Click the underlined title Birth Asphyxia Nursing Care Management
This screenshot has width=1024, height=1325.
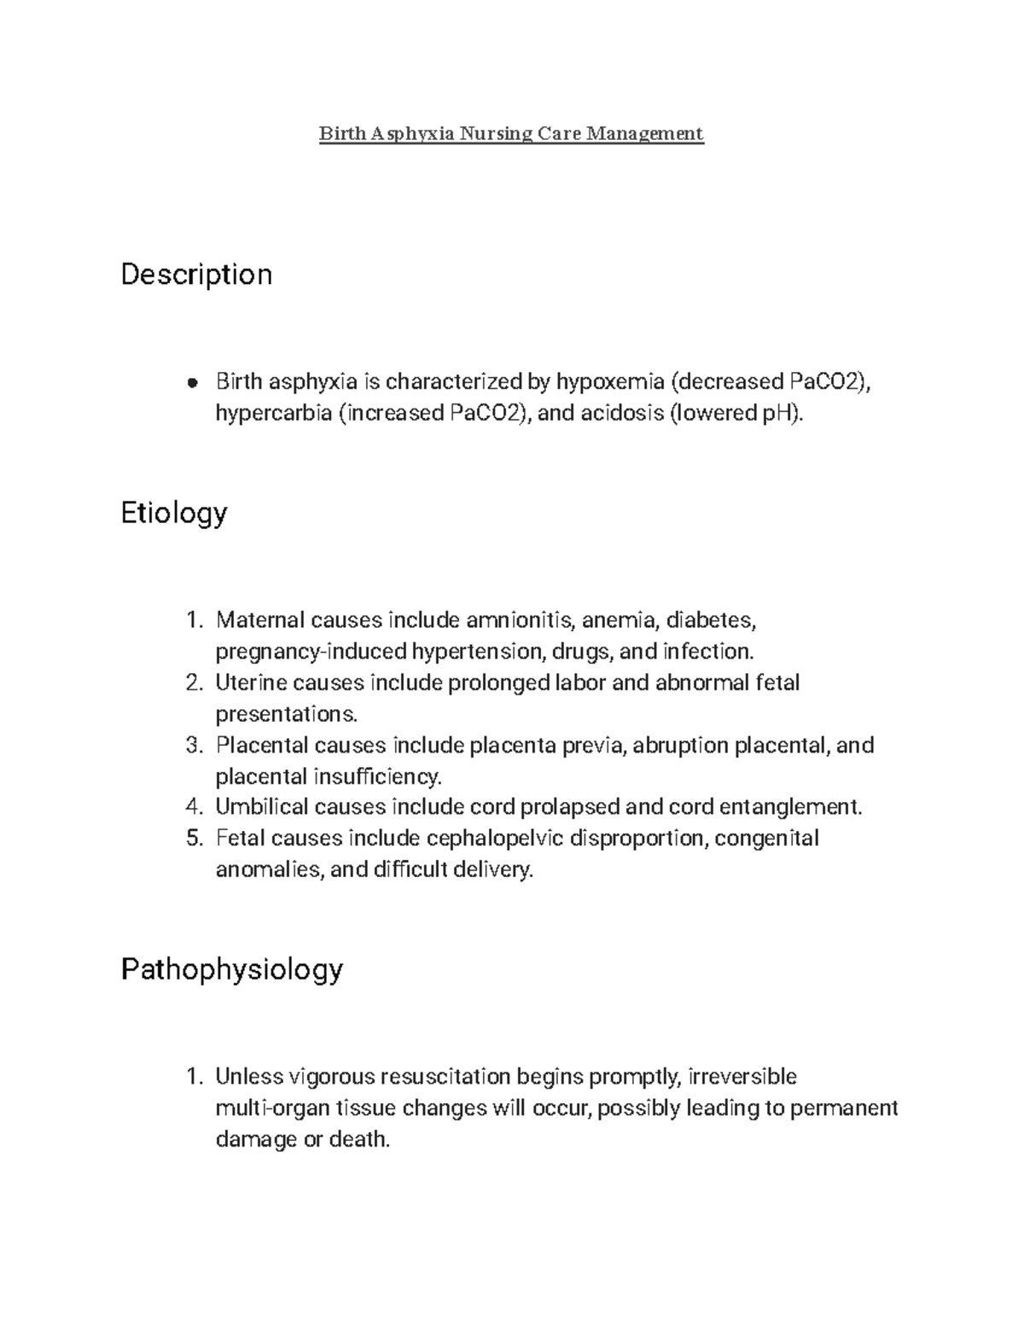click(511, 133)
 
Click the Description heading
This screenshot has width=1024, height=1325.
click(196, 275)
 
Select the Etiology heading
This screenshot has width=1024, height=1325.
click(174, 513)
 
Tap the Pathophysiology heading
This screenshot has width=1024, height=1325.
click(231, 969)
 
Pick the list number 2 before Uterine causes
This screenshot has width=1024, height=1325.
click(193, 683)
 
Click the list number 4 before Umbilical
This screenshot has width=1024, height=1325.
click(193, 807)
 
